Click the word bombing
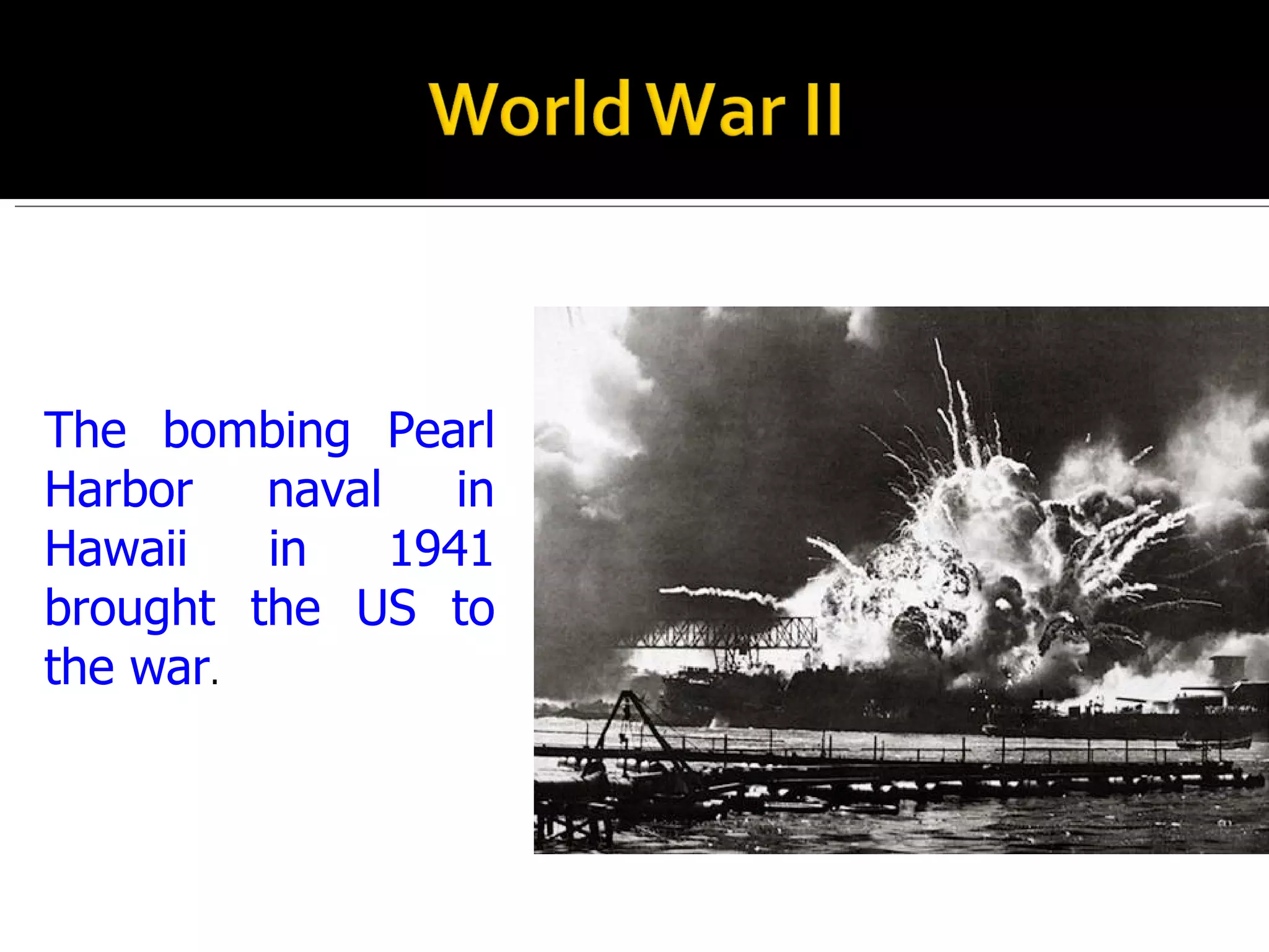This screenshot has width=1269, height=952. [x=256, y=431]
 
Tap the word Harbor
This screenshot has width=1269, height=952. [x=119, y=490]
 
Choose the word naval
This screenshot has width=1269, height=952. [x=324, y=490]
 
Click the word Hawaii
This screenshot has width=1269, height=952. [x=116, y=549]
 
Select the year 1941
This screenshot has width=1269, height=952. [x=441, y=549]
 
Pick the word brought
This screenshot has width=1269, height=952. [x=130, y=609]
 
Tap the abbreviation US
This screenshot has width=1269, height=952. [x=386, y=608]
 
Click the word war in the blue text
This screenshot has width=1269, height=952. [x=170, y=668]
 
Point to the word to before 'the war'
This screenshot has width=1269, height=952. [x=473, y=608]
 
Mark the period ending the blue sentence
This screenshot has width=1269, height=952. [x=215, y=682]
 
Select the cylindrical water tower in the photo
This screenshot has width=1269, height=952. [x=1227, y=668]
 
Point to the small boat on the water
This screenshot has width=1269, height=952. [x=1214, y=742]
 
